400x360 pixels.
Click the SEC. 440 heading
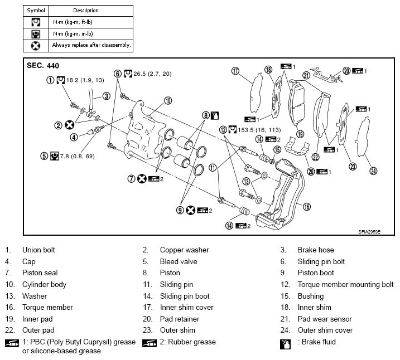pyautogui.click(x=43, y=65)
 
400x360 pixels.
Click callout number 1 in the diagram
pyautogui.click(x=50, y=80)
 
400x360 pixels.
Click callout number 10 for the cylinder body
pyautogui.click(x=167, y=101)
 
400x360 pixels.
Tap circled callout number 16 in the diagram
pyautogui.click(x=306, y=206)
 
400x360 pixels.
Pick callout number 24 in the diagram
pyautogui.click(x=373, y=171)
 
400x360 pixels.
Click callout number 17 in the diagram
pyautogui.click(x=235, y=71)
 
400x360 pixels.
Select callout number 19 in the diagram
pyautogui.click(x=300, y=134)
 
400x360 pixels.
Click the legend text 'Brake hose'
pyautogui.click(x=315, y=250)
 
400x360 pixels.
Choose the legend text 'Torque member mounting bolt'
pyautogui.click(x=345, y=285)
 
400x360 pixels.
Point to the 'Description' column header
pyautogui.click(x=85, y=10)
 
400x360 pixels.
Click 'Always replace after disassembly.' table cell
pyautogui.click(x=91, y=45)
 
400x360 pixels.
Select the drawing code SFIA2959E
pyautogui.click(x=369, y=231)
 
